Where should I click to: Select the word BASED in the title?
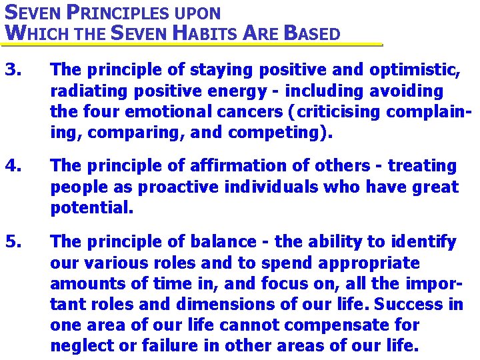click(311, 33)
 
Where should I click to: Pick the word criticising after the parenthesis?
click(329, 111)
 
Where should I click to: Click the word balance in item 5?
click(219, 242)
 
